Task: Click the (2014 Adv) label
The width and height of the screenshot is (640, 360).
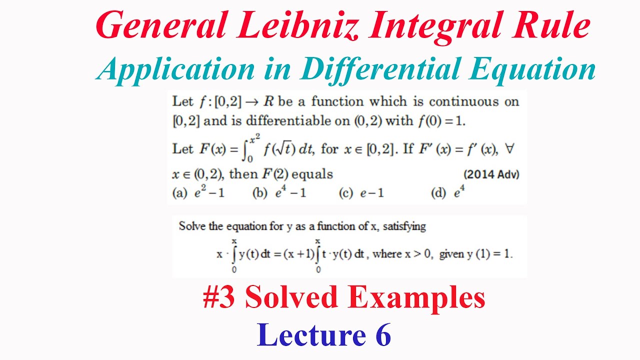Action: (491, 174)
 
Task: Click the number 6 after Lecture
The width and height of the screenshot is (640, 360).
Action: (382, 335)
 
